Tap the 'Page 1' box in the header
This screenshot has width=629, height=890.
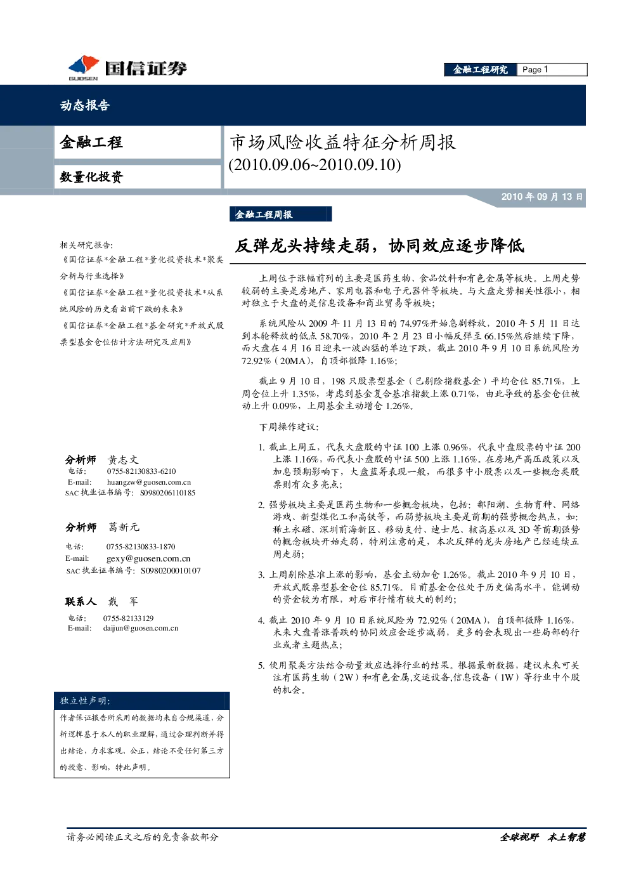tap(552, 70)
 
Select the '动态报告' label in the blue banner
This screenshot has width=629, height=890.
tap(85, 105)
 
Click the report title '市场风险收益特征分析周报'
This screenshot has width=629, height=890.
tap(342, 143)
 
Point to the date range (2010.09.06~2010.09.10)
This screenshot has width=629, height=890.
tap(314, 164)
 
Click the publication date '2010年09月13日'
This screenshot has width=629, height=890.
tap(541, 197)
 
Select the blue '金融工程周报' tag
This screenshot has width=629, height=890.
tap(280, 214)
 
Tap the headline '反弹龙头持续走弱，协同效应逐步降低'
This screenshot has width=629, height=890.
tap(380, 246)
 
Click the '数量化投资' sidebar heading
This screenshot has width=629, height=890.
tap(91, 177)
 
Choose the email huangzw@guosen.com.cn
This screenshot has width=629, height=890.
tap(149, 482)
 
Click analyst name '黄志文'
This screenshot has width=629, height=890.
tap(123, 460)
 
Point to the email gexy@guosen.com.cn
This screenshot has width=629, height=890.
tap(148, 558)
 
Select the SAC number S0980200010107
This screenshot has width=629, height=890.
tap(171, 570)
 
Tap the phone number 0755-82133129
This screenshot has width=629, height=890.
tap(128, 618)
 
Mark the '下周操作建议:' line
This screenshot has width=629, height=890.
tap(289, 427)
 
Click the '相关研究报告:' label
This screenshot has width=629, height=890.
tap(86, 245)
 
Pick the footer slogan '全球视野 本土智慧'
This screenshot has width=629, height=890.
tap(542, 837)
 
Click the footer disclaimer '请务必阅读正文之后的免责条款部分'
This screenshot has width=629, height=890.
tap(142, 837)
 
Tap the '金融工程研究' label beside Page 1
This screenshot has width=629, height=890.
tap(481, 70)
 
